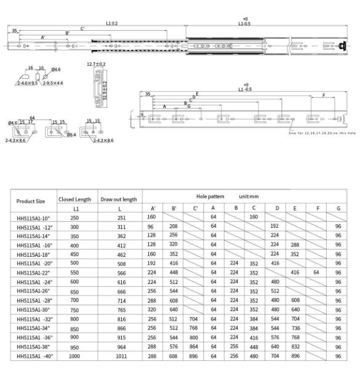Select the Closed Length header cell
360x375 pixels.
click(74, 199)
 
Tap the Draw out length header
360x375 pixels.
click(118, 199)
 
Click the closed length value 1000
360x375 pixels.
click(74, 355)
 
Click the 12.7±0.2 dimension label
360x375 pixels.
click(96, 63)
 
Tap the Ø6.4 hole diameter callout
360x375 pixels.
click(72, 134)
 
